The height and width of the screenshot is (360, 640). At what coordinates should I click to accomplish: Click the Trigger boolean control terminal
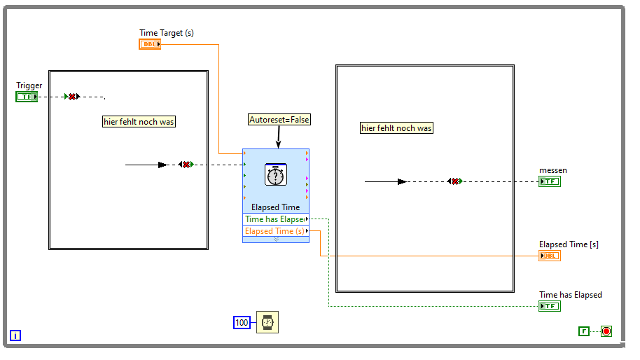[x=27, y=97]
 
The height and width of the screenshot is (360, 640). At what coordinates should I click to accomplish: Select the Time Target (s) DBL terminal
[x=150, y=44]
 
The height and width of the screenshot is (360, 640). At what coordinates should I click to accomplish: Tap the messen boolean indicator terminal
[x=550, y=181]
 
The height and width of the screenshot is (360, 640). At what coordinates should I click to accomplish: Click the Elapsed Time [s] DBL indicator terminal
[x=550, y=256]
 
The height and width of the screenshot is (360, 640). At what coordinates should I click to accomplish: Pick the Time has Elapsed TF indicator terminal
[x=550, y=306]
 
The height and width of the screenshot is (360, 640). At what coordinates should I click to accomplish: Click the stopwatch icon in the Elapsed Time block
[x=276, y=174]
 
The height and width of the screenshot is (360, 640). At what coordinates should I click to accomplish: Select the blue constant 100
[x=242, y=322]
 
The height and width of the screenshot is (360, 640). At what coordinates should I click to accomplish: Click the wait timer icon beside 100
[x=267, y=322]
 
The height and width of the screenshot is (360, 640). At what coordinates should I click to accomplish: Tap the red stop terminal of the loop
[x=606, y=331]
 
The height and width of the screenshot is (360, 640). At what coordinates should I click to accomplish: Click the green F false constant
[x=584, y=331]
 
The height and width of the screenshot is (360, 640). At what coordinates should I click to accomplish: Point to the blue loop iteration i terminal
[x=15, y=335]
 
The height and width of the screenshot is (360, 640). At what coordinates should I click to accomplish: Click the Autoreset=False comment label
[x=279, y=120]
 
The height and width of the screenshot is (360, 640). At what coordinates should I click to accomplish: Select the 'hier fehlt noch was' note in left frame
[x=139, y=122]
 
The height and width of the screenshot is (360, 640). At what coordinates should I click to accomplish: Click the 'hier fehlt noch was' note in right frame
[x=396, y=128]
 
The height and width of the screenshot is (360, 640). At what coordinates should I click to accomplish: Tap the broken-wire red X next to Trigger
[x=72, y=97]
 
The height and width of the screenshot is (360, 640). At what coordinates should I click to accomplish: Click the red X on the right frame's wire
[x=454, y=181]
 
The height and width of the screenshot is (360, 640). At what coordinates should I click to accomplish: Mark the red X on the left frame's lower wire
[x=186, y=165]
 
